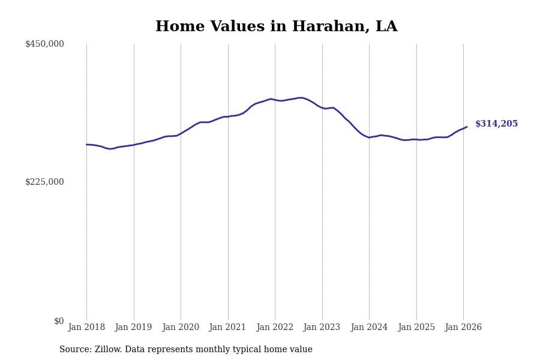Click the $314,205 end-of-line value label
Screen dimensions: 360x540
click(x=496, y=124)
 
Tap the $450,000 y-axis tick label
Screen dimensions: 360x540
click(x=44, y=44)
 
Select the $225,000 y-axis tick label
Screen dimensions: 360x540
click(x=44, y=182)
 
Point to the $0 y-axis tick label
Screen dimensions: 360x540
click(x=59, y=321)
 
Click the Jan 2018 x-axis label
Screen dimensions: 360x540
click(x=86, y=328)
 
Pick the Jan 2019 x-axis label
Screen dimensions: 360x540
click(x=133, y=328)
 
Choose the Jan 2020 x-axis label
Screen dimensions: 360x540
click(x=181, y=328)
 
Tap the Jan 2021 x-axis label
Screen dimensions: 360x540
click(x=227, y=328)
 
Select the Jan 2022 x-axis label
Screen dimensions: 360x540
click(x=275, y=328)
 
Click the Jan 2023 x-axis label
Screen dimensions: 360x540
click(x=322, y=328)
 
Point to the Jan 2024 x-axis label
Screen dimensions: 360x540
click(x=369, y=328)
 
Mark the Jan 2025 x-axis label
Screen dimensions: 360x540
click(x=416, y=328)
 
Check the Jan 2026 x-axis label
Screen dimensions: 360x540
click(x=463, y=328)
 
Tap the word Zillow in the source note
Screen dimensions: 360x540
click(x=109, y=350)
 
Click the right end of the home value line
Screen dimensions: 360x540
click(x=467, y=127)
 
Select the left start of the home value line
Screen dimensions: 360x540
click(x=86, y=145)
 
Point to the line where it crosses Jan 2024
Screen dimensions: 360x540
click(x=369, y=137)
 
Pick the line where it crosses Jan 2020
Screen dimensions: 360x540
click(x=181, y=133)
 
